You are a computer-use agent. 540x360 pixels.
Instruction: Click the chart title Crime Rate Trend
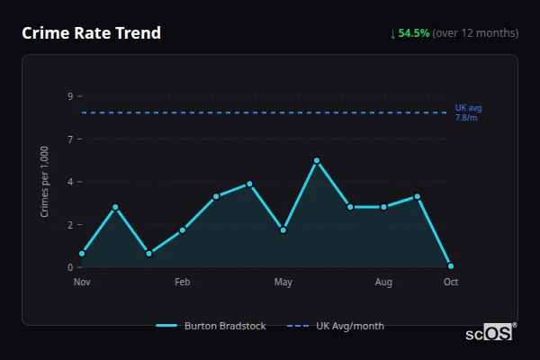[91, 33]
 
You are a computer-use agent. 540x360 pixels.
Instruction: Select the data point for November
[82, 254]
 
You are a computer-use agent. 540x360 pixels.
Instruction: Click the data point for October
[451, 266]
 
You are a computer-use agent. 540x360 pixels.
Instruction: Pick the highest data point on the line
[317, 160]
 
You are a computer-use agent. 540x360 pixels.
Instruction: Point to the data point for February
[183, 230]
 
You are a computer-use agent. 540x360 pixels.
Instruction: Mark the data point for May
[283, 230]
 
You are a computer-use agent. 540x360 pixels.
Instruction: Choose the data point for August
[384, 207]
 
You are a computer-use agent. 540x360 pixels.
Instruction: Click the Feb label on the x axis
[183, 283]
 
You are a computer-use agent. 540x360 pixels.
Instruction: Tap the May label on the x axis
[283, 283]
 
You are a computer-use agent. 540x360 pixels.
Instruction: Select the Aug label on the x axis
[384, 283]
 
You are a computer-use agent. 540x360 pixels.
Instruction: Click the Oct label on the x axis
[451, 283]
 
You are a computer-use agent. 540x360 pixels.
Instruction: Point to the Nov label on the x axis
[82, 283]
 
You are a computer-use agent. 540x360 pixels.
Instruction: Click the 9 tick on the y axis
[70, 96]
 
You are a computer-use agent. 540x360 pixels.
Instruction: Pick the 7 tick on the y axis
[70, 139]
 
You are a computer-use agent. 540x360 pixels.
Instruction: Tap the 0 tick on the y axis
[70, 267]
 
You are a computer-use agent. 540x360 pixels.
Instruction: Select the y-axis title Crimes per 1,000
[45, 182]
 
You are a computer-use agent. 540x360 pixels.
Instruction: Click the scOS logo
[490, 333]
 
